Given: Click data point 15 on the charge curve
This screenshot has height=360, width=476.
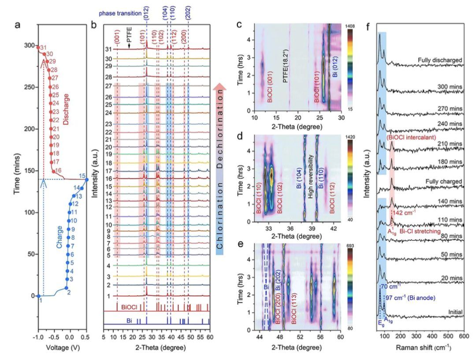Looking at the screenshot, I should (x=87, y=180).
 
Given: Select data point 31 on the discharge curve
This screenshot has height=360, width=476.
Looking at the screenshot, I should (x=38, y=47).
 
